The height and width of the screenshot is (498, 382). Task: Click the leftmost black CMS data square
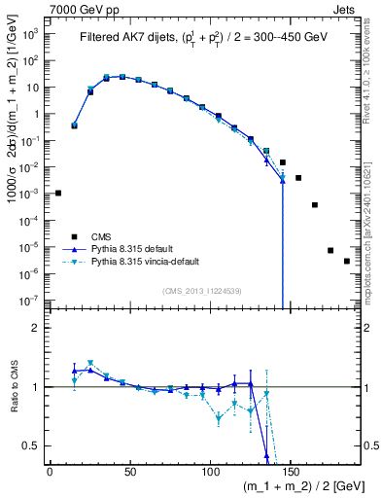pos(58,193)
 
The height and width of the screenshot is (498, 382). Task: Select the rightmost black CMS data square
pos(347,261)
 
